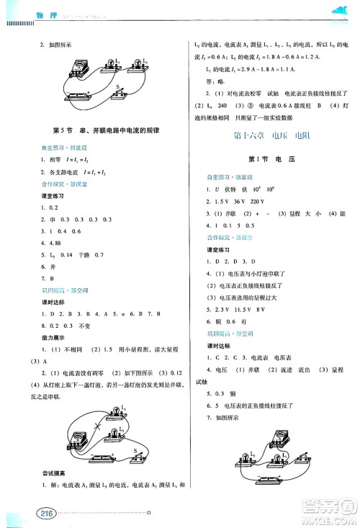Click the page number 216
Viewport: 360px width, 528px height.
pos(21,513)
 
